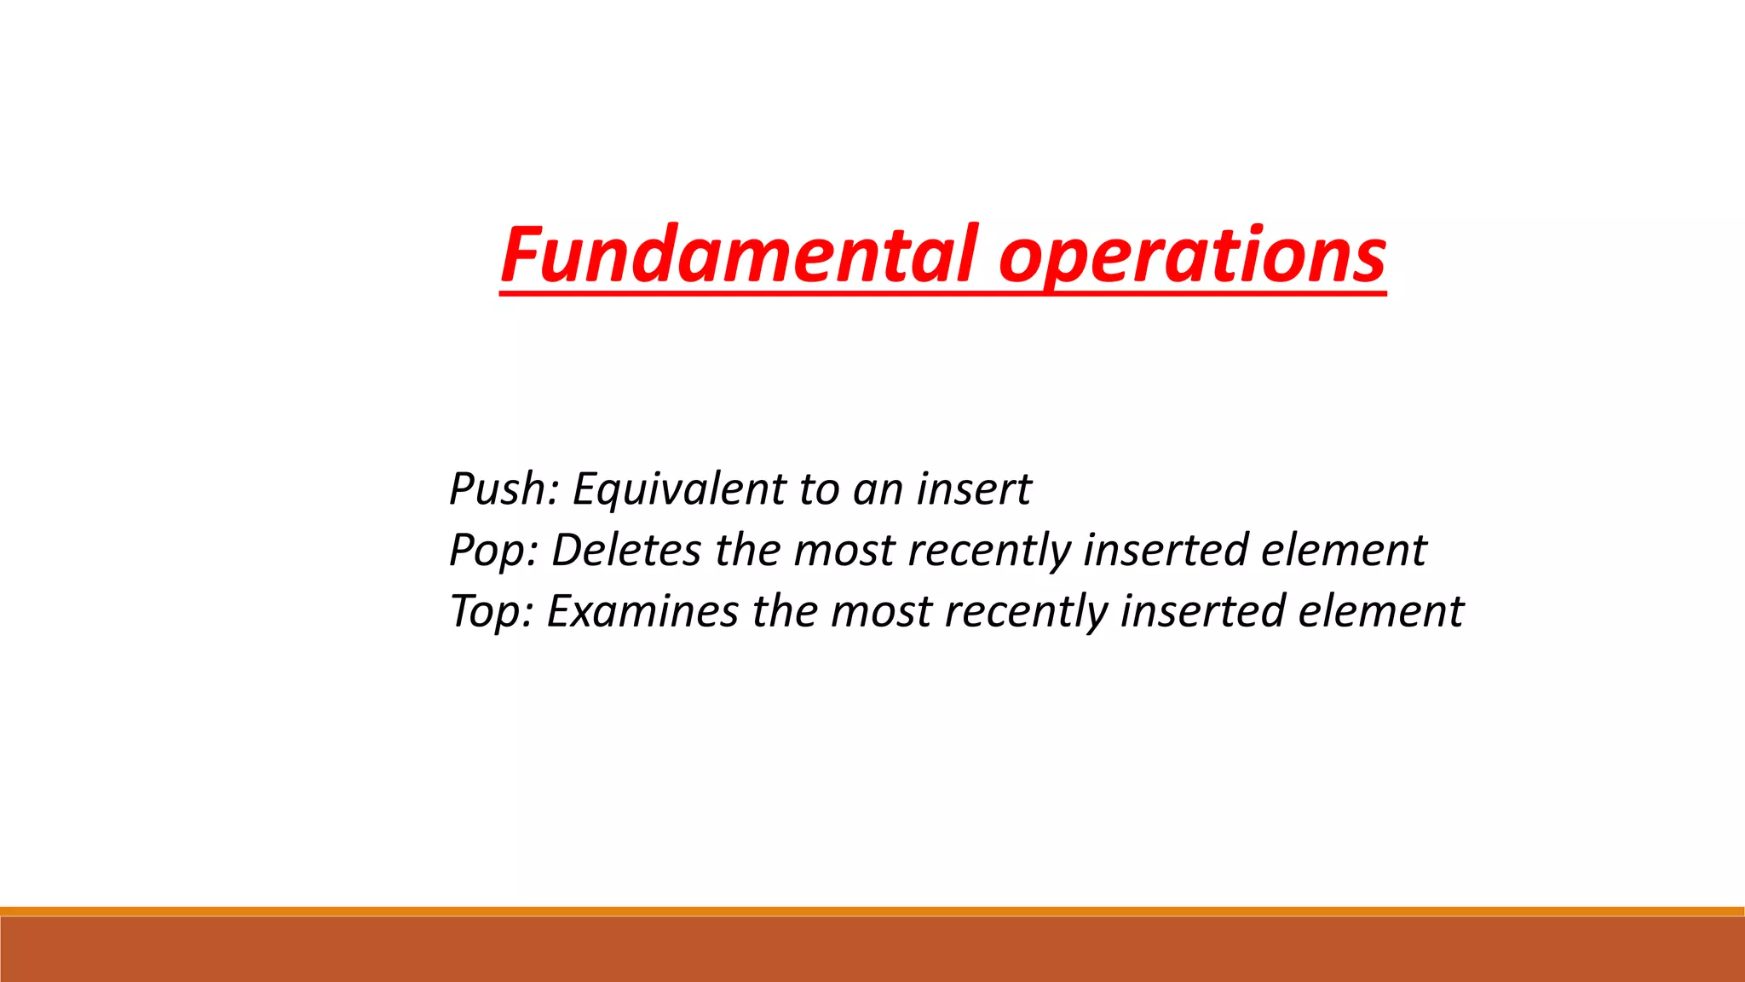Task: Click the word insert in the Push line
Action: (x=973, y=489)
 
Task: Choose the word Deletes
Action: (x=626, y=551)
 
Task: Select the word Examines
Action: (x=642, y=612)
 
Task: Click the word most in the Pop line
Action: (x=844, y=551)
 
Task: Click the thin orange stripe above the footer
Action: (x=872, y=911)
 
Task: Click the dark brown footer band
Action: (x=872, y=950)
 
